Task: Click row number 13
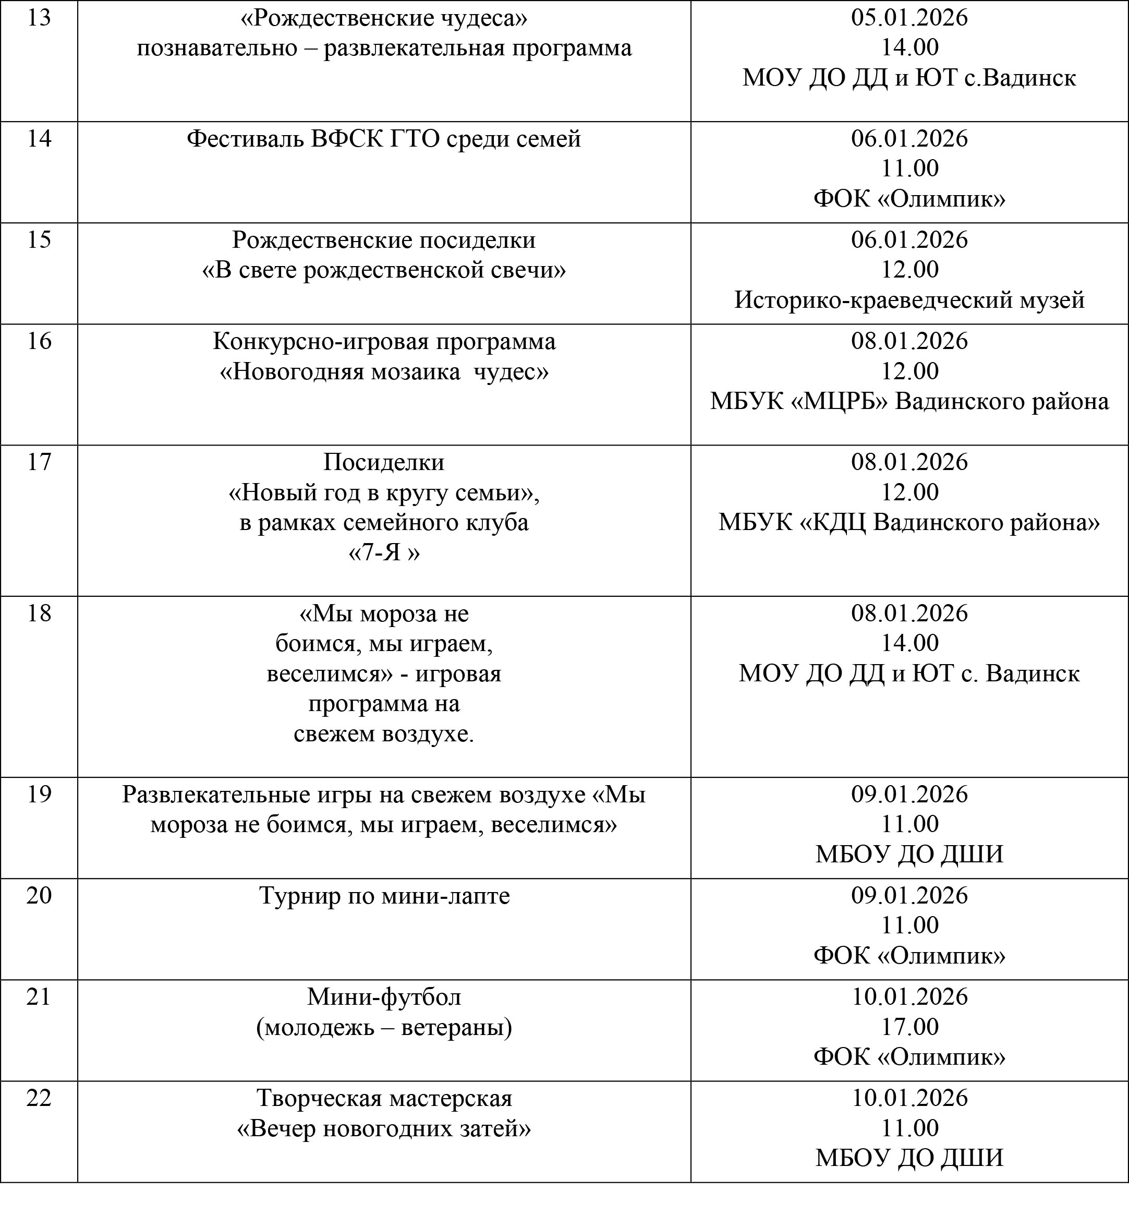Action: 39,18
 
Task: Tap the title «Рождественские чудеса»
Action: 384,18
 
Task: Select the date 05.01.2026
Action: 909,18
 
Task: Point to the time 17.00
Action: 909,1027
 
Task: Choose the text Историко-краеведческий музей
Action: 909,300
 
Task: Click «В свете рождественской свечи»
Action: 384,270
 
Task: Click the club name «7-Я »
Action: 384,552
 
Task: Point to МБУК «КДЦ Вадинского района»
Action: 909,522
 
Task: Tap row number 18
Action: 39,613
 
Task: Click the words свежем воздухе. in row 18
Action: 384,734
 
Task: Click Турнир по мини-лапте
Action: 384,896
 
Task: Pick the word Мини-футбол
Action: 384,996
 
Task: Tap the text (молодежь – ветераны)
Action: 384,1028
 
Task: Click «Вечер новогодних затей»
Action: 384,1128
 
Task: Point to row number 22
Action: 39,1098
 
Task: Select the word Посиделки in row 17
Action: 384,462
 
